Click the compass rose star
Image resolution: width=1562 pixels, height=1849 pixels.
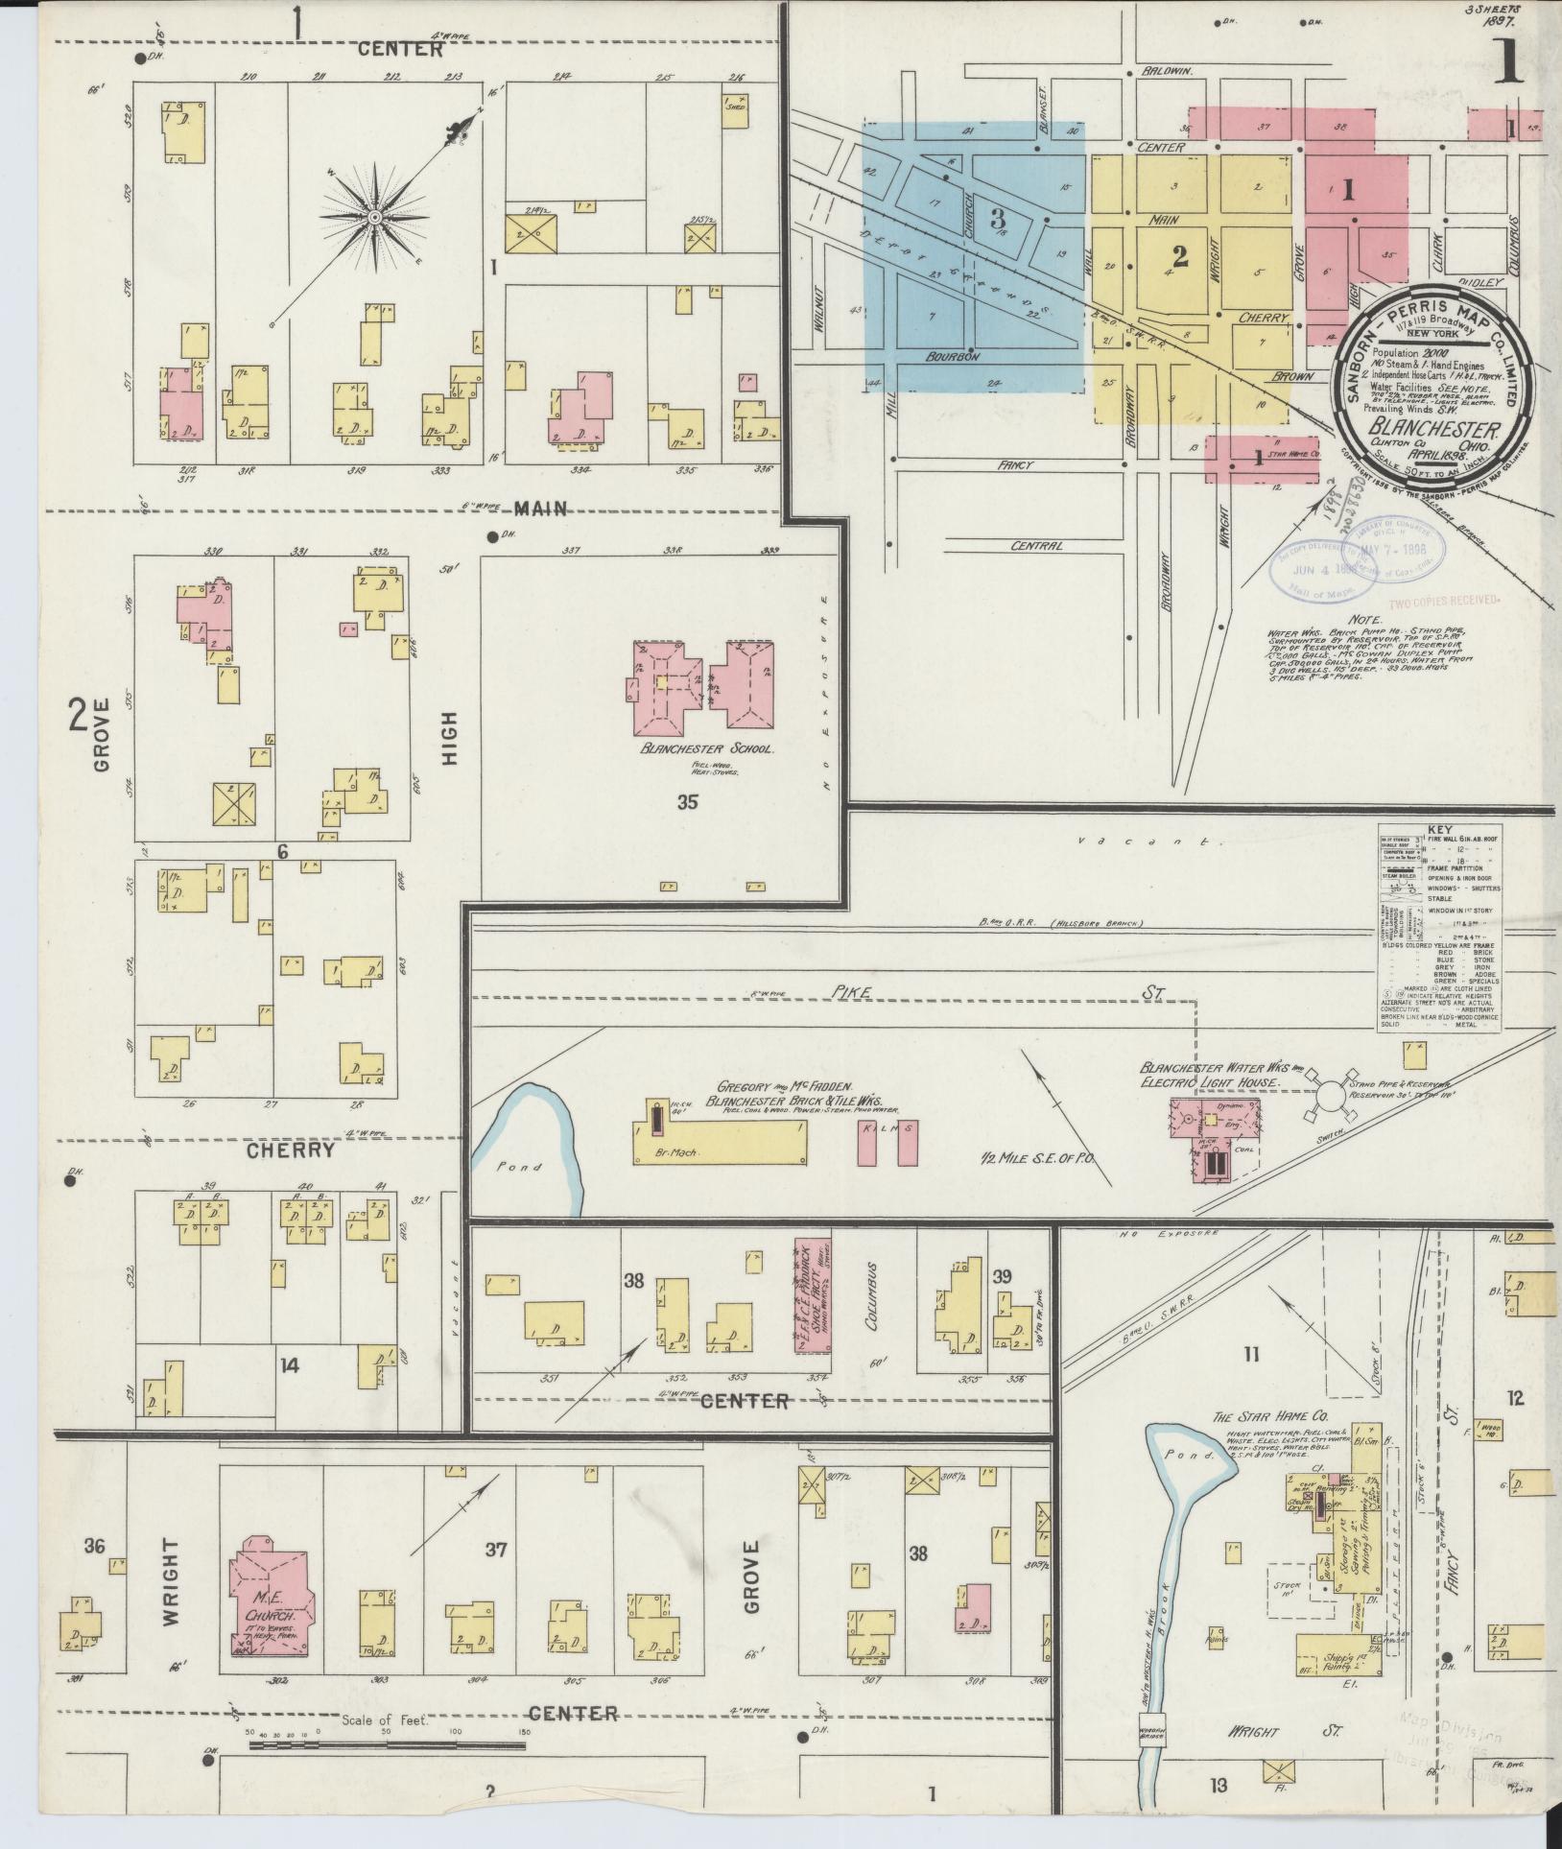coord(375,218)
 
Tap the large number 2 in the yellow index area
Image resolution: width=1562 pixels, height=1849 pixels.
coord(1179,256)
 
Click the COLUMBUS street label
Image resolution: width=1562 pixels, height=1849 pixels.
coord(871,1305)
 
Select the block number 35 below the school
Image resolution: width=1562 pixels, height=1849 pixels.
coord(687,802)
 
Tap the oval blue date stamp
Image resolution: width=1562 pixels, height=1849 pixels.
coord(1320,572)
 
